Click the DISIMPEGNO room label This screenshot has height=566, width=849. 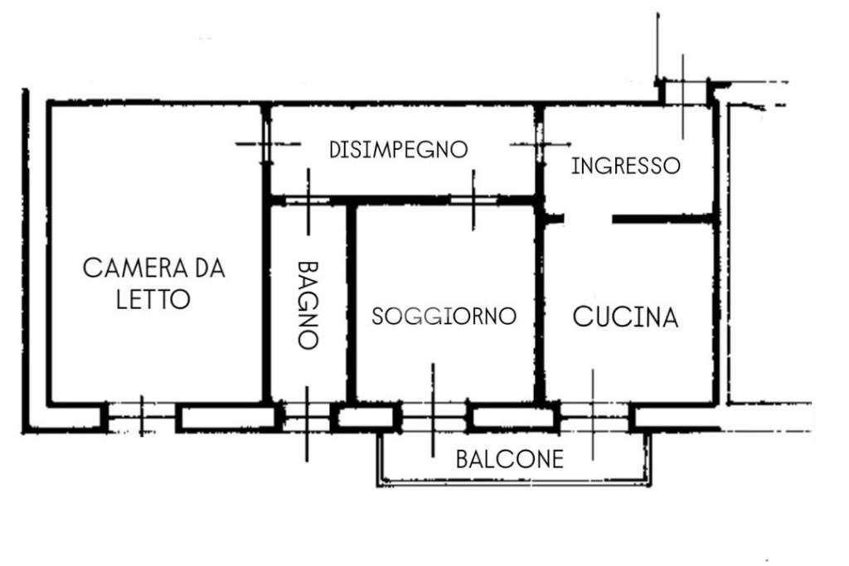[x=399, y=149]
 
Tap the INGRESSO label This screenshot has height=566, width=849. [x=625, y=166]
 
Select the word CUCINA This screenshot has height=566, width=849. [x=625, y=317]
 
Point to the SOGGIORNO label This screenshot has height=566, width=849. [x=444, y=316]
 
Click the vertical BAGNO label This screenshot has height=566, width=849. [x=308, y=306]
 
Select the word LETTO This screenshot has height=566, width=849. [x=153, y=299]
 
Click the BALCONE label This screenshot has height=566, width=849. [x=510, y=459]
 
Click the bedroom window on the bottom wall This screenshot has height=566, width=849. [x=142, y=417]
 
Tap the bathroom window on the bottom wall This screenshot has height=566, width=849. [x=307, y=418]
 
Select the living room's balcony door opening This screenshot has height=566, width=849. [x=434, y=418]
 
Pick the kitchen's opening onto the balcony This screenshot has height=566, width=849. [x=594, y=418]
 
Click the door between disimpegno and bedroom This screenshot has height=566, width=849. [x=266, y=144]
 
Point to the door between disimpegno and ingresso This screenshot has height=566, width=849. [x=539, y=144]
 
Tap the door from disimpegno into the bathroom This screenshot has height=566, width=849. [x=308, y=201]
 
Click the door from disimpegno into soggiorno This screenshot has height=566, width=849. [x=473, y=201]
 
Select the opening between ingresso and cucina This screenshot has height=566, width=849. [x=588, y=219]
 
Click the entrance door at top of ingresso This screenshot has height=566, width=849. [x=683, y=92]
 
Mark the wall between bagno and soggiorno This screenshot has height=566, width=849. [x=351, y=304]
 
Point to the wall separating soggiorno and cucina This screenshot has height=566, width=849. [x=539, y=304]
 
